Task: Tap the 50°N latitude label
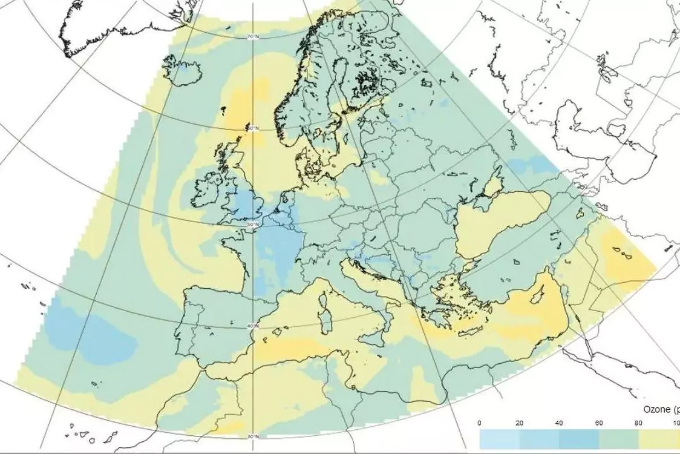click(x=254, y=224)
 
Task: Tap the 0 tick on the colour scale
click(x=480, y=423)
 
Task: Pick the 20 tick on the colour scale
click(x=519, y=423)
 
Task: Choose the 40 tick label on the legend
click(x=559, y=423)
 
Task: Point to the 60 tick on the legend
click(x=598, y=423)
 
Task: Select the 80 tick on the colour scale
click(x=638, y=423)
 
